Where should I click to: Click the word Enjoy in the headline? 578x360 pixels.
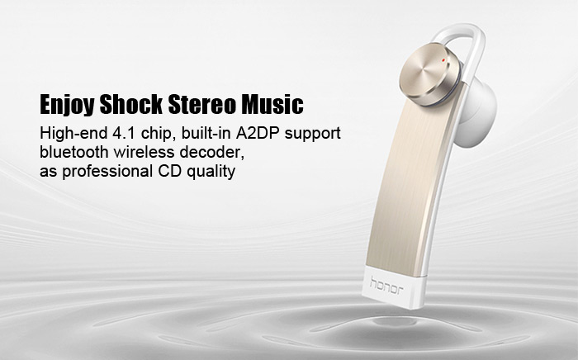point(67,105)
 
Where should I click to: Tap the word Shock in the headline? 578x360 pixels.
point(130,104)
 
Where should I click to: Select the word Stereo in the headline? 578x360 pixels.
point(201,104)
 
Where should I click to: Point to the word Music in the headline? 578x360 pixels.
point(272,104)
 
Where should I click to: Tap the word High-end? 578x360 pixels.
point(73,134)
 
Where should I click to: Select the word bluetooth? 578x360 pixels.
point(73,152)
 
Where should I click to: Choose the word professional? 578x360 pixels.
point(107,172)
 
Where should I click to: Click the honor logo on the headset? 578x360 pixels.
point(386,285)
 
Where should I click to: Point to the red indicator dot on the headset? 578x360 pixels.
point(443,59)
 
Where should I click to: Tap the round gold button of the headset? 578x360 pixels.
point(430,73)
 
